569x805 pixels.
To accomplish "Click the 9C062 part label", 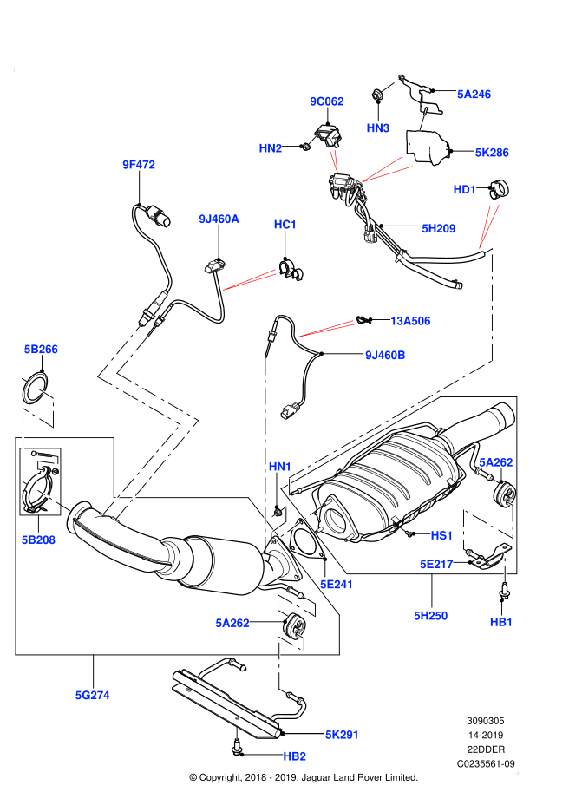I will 327,101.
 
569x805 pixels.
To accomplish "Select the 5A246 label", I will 474,95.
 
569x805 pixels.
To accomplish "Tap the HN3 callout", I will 378,128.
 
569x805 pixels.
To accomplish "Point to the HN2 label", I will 271,148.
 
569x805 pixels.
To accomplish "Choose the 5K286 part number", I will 492,153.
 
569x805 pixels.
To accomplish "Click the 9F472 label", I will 139,165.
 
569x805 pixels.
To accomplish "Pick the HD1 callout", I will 465,190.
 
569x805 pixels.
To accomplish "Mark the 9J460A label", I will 219,219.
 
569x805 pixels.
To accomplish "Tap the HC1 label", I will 285,225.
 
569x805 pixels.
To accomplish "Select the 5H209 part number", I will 439,229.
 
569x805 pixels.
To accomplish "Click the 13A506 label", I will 410,321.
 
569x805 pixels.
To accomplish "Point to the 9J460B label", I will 385,355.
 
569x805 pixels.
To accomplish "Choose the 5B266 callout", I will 41,350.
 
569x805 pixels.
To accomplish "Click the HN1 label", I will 280,467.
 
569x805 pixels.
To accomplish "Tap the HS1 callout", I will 441,535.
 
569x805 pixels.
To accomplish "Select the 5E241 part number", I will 337,585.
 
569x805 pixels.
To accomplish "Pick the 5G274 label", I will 92,695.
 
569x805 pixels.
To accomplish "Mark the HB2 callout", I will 294,756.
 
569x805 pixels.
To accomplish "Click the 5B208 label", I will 38,540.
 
